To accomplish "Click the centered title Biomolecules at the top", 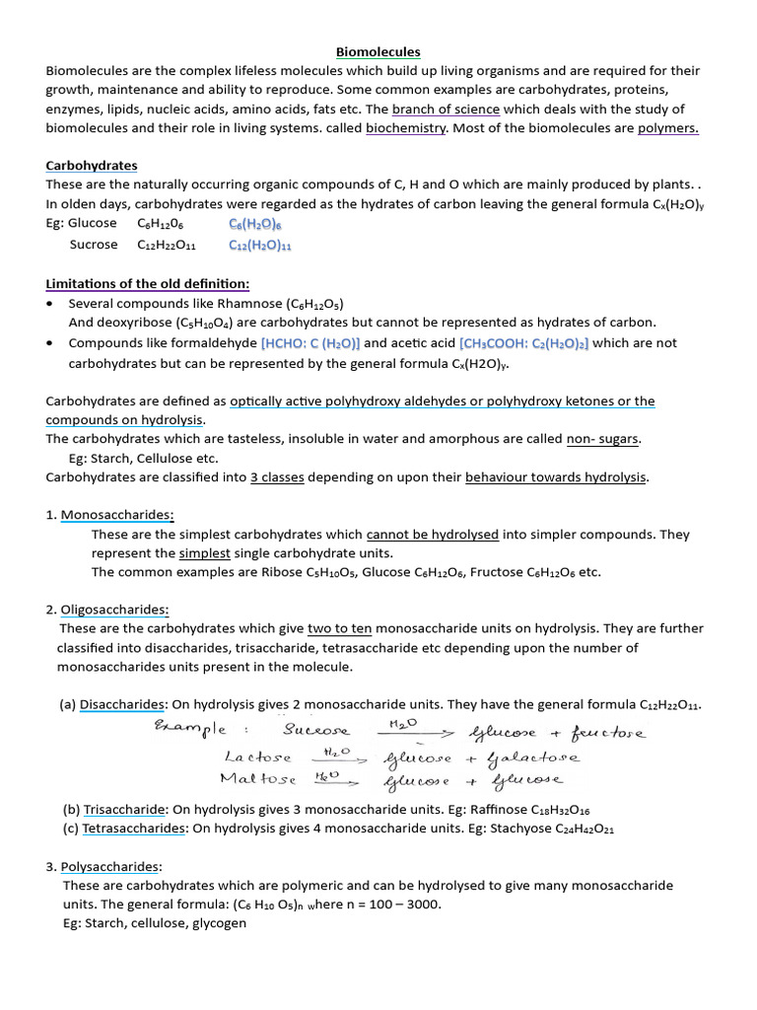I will (378, 51).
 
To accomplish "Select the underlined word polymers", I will (668, 128).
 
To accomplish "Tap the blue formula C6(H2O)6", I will (254, 224).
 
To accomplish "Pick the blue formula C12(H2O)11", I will (260, 246).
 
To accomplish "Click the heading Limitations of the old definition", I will (147, 284).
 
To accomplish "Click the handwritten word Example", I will (188, 731).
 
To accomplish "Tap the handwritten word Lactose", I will (257, 757).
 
